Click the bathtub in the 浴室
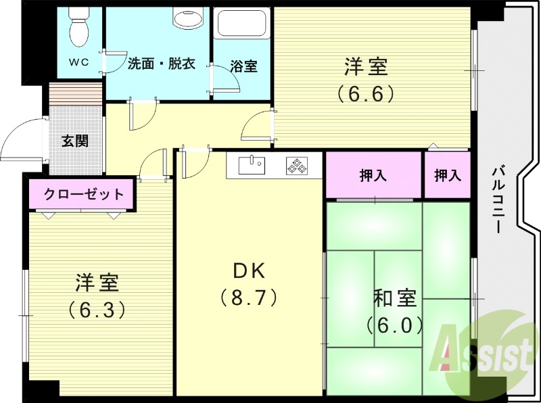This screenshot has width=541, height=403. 243,26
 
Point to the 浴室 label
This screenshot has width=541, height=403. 243,66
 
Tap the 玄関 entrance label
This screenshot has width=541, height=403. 74,141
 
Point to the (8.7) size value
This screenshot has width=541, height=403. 249,297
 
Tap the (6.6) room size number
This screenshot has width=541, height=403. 365,93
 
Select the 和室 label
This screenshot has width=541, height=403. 395,298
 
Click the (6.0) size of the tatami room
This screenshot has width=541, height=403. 395,325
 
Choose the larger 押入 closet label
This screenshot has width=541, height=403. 373,176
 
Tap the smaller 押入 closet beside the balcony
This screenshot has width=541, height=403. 447,176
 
